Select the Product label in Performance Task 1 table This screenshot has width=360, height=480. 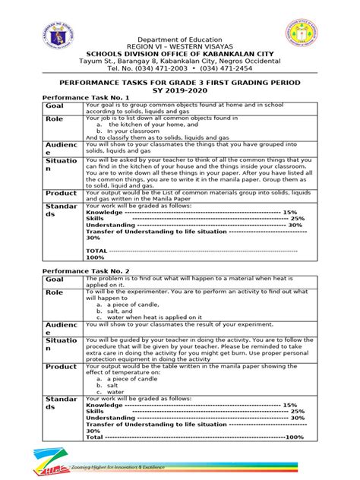61,194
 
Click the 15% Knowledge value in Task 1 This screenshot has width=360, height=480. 289,213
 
